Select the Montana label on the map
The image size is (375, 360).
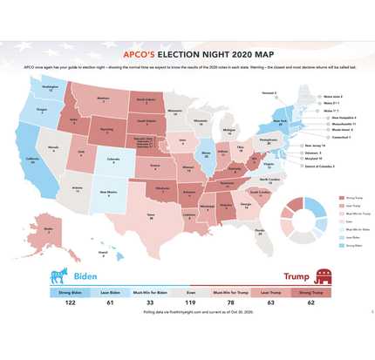[x=103, y=100]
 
